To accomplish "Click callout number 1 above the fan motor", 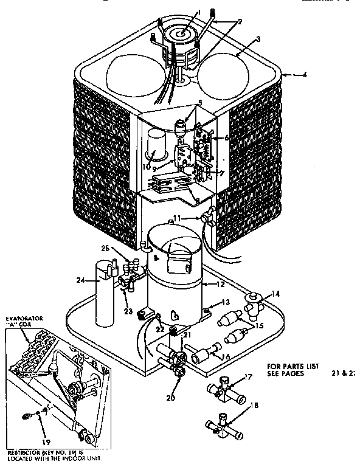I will (x=198, y=13).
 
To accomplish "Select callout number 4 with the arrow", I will (x=306, y=75).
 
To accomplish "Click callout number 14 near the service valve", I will (x=275, y=293).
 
